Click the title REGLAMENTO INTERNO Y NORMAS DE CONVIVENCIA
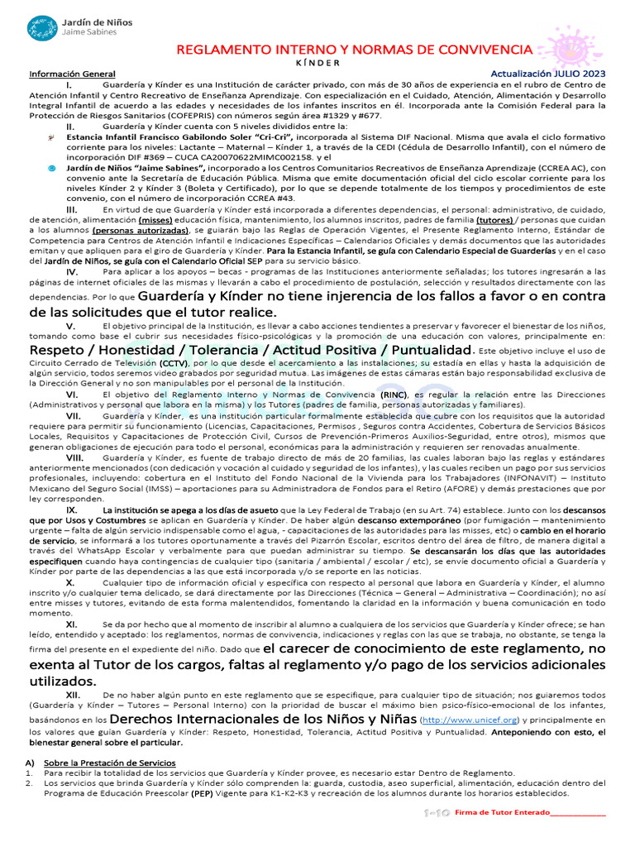(356, 50)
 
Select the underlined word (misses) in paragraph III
(155, 222)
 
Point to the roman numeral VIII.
(74, 458)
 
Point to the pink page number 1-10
(436, 813)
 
